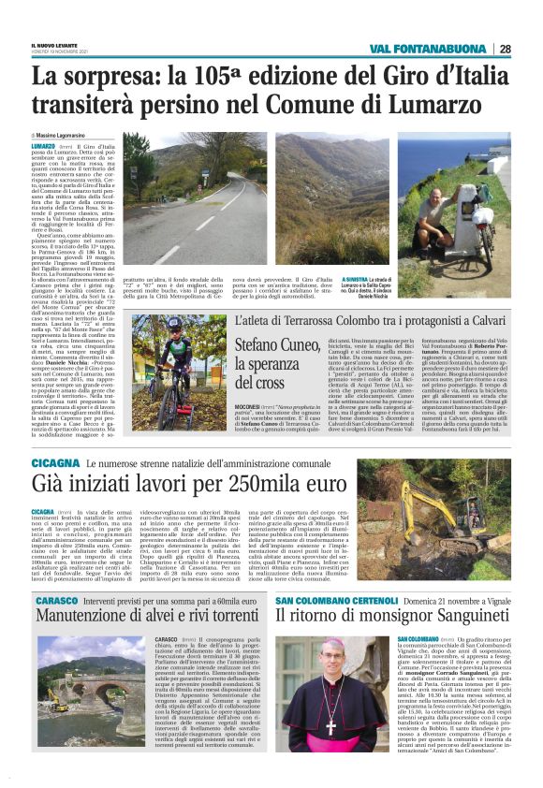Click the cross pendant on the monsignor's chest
pyautogui.click(x=330, y=725)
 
